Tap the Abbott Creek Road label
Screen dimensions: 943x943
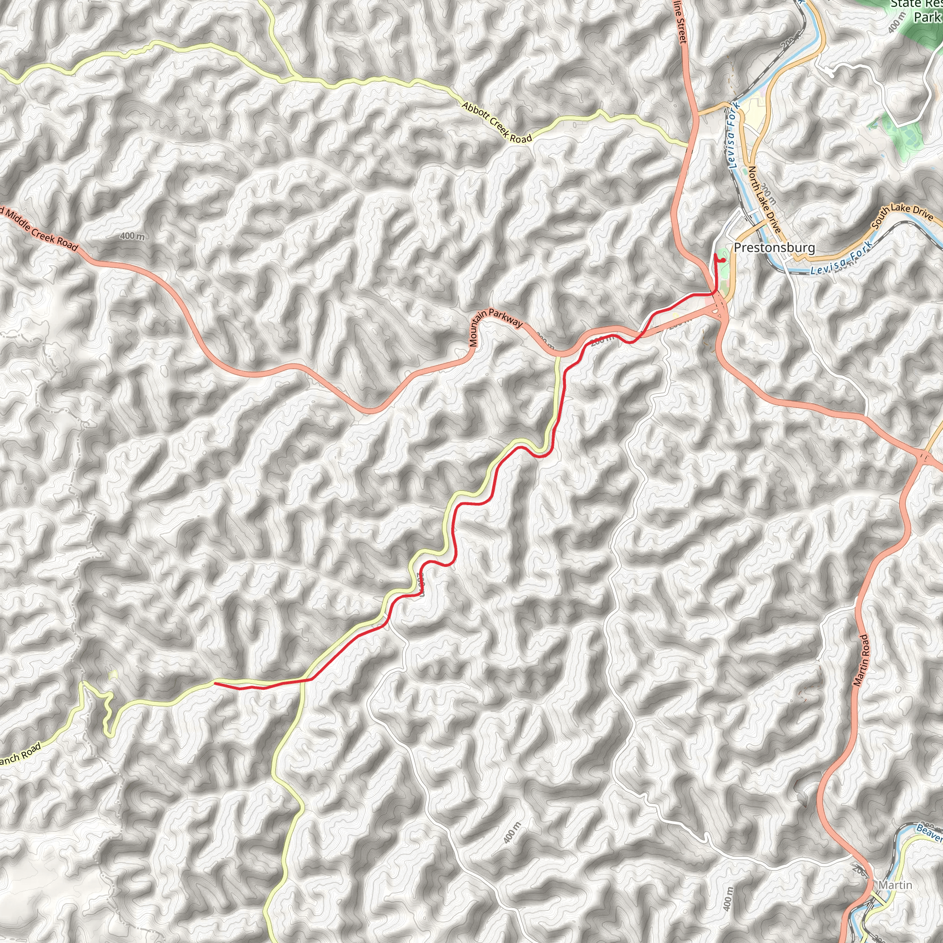[x=496, y=122]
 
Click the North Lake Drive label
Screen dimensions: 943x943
[x=764, y=199]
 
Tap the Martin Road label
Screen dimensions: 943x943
[x=861, y=660]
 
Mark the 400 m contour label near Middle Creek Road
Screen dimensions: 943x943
[x=132, y=236]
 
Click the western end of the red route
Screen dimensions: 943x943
[x=215, y=683]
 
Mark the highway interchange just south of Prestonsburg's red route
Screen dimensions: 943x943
[x=718, y=309]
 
